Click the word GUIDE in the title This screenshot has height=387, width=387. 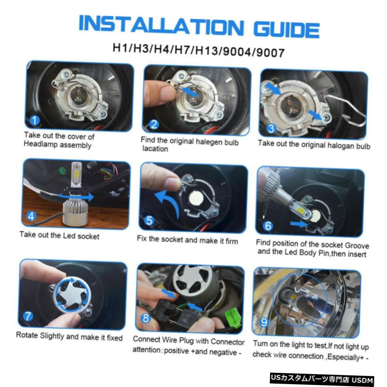286,30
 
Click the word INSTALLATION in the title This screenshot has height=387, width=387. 161,24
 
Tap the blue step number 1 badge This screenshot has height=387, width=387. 35,120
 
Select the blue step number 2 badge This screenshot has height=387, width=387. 154,124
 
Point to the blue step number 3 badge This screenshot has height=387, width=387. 271,128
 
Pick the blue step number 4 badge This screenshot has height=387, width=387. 31,216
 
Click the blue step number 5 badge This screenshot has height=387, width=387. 149,221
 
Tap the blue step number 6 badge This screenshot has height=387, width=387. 268,226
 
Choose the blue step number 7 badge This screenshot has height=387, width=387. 28,316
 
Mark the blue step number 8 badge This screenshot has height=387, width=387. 146,318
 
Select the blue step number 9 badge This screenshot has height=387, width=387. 264,322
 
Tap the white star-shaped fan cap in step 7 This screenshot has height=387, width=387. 72,295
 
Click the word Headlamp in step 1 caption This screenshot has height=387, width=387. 40,144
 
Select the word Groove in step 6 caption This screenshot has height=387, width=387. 357,246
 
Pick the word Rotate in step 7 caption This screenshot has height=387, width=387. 27,335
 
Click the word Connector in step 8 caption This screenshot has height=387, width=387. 227,342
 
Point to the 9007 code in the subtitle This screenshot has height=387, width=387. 270,52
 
